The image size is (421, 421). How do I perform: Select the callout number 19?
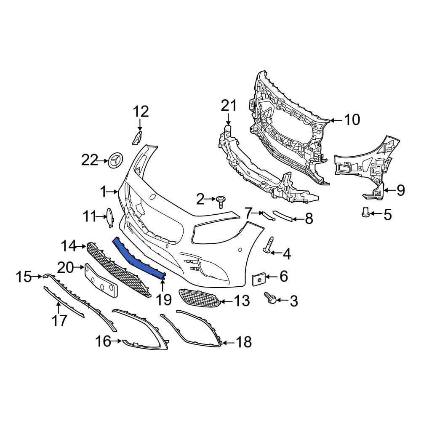(164, 300)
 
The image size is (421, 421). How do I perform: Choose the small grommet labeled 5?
(365, 212)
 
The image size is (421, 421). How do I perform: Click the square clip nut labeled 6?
(258, 279)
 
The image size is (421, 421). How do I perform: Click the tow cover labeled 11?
(109, 218)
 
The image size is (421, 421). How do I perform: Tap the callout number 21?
(229, 106)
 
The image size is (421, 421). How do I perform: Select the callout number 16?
(103, 341)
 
